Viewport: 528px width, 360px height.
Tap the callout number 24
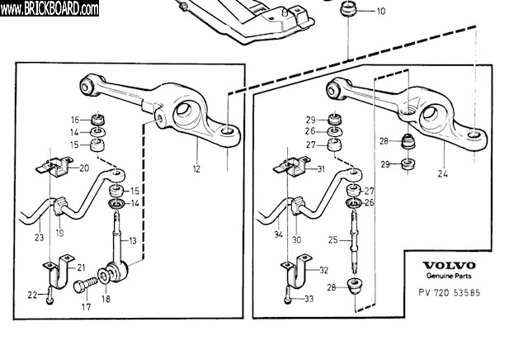(442, 173)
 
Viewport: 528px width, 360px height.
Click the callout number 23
(38, 239)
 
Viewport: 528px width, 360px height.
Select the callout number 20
(84, 168)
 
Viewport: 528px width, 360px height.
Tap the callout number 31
(321, 169)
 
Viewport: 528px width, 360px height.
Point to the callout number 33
(309, 298)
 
